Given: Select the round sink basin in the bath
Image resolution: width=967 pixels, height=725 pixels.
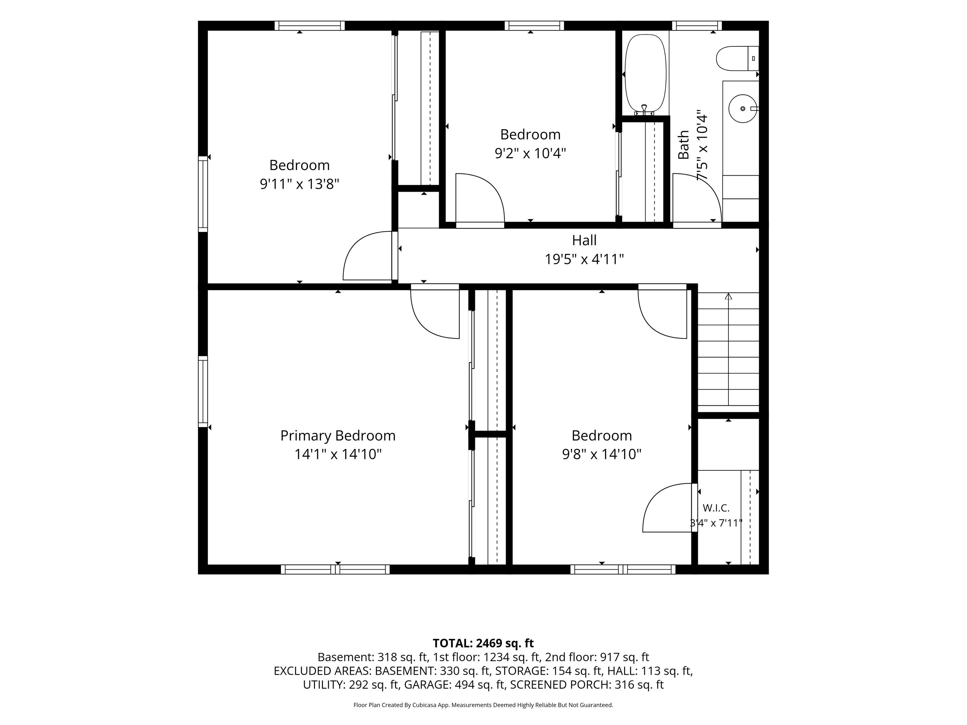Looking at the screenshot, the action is point(742,108).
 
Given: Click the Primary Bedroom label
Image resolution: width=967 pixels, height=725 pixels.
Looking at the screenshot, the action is point(338,436).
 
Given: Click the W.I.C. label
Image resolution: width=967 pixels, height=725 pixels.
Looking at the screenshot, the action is point(716,508).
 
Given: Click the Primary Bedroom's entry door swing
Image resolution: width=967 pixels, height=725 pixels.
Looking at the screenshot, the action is point(435,311).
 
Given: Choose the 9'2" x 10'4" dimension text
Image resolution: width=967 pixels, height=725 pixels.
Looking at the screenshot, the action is point(530,153).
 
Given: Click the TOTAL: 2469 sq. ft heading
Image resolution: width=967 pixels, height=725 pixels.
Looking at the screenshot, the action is point(483,643).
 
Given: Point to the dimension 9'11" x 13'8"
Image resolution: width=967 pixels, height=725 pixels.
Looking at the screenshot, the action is point(299,184).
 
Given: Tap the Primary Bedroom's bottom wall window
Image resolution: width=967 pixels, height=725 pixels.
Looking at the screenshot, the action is point(335,569).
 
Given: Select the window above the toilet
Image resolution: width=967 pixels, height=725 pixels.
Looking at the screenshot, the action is point(697,26).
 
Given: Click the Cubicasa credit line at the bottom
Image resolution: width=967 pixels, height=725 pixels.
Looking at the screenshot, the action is point(483,705).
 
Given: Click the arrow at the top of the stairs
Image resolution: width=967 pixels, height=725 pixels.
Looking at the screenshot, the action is point(728,296).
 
